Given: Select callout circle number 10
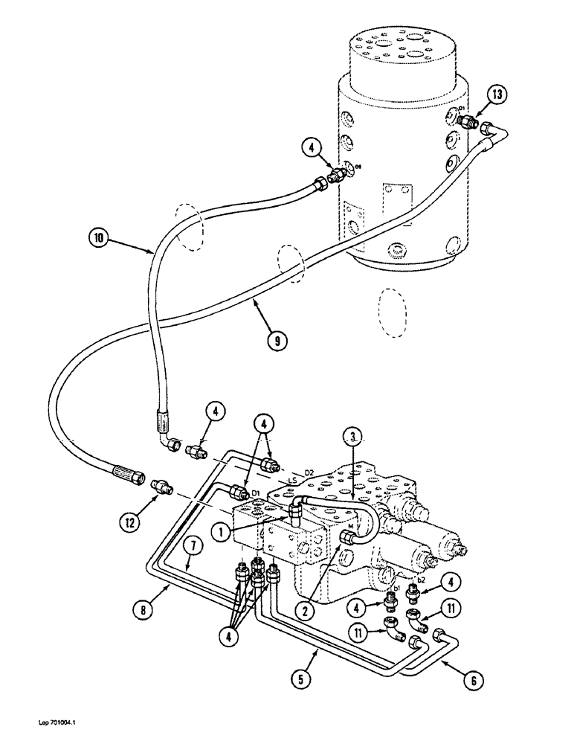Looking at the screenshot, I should pos(98,240).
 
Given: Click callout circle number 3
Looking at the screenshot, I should pos(355,436).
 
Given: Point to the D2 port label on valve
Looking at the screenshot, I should pos(309,472).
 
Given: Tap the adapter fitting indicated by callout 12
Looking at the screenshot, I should pos(161,486).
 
